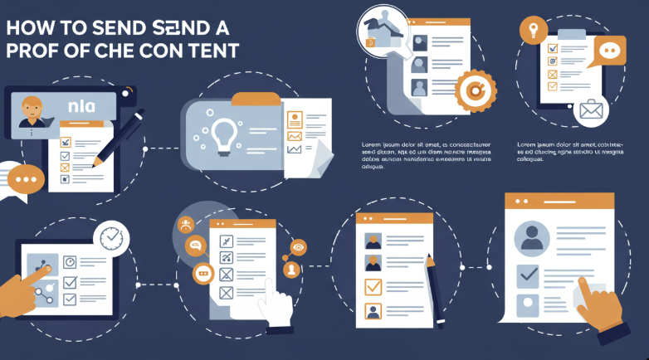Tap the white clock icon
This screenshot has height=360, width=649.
click(110, 236)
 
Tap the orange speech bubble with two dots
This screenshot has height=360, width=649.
click(610, 51)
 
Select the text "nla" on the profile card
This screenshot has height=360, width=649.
click(81, 105)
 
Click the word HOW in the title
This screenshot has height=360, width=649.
click(27, 26)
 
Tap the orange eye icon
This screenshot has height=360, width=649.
click(299, 246)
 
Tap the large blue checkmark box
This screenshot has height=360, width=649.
click(528, 274)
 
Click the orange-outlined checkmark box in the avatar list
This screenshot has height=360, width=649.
click(373, 288)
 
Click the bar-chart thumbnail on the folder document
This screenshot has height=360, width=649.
click(294, 148)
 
